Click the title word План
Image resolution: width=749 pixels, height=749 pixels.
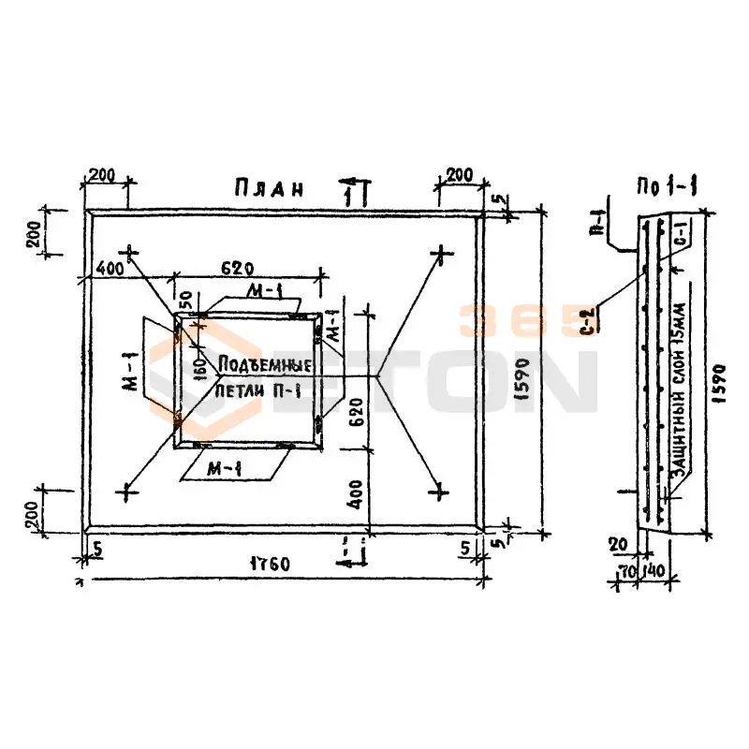click(269, 188)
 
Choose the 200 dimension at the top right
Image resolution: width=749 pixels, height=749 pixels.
click(458, 175)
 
